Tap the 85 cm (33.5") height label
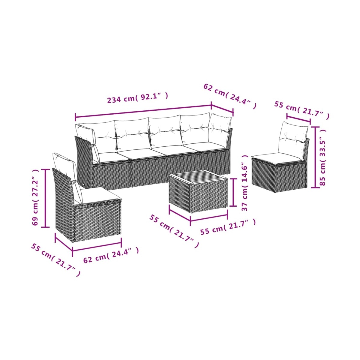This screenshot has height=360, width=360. (x=322, y=157)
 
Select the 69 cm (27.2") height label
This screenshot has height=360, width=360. (x=35, y=197)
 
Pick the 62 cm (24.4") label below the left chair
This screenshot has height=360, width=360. (x=111, y=255)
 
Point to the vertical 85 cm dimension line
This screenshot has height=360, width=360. (x=315, y=157)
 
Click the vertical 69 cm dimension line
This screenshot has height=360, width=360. (x=45, y=198)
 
